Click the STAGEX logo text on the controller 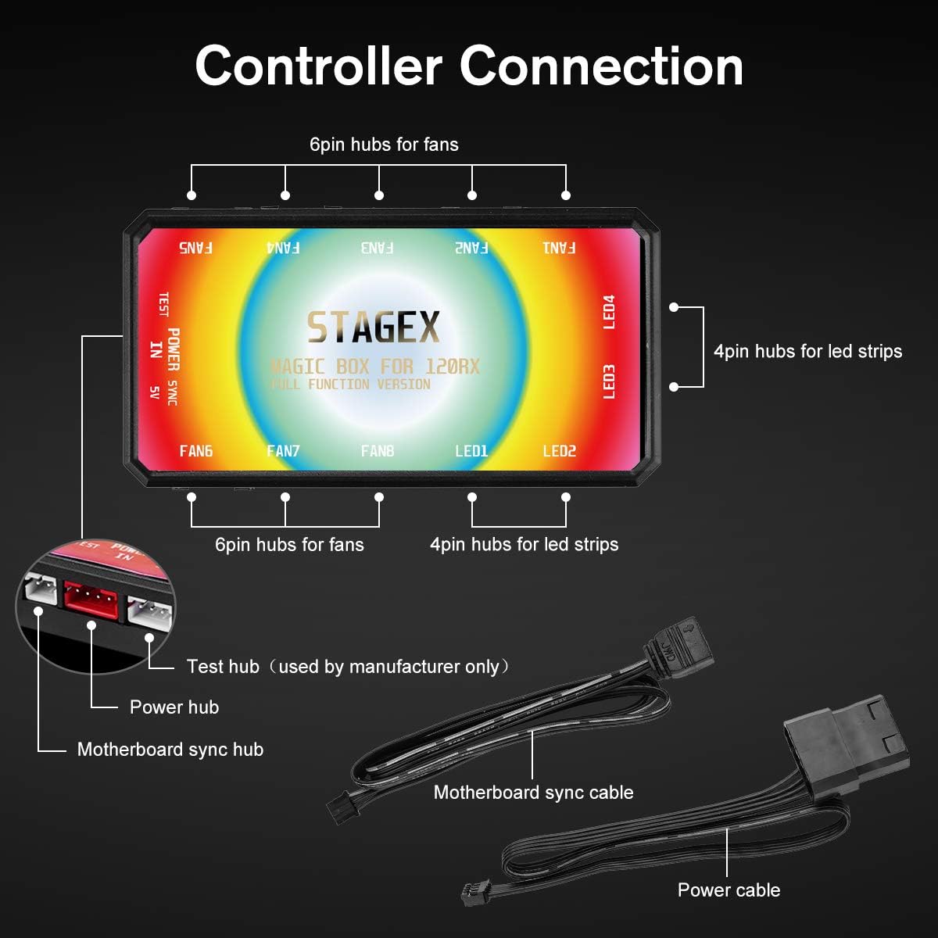373,328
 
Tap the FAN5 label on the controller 195,248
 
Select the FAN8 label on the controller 378,451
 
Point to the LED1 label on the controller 471,451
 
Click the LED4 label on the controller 610,312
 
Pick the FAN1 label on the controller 559,248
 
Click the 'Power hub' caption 174,707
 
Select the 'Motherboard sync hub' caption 170,750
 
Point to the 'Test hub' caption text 223,667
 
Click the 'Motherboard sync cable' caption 533,793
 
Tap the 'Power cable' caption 729,890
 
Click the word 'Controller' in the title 318,66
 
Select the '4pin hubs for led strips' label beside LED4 807,352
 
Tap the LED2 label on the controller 559,451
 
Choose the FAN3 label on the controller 378,248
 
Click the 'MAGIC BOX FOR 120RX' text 374,366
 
